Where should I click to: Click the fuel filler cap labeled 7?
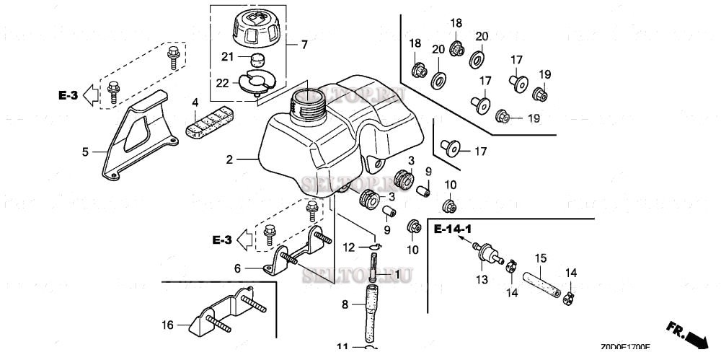[x=257, y=28]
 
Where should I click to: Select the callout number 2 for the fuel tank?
[x=229, y=159]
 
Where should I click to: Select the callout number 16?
[x=167, y=326]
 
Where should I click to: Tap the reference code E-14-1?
[x=453, y=229]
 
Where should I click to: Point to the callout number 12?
[x=348, y=247]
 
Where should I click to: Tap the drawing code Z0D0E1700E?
[x=624, y=347]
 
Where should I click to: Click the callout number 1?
[x=395, y=275]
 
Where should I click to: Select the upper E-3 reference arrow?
[x=79, y=94]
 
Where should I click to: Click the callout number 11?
[x=342, y=347]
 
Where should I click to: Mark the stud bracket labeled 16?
[x=224, y=311]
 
